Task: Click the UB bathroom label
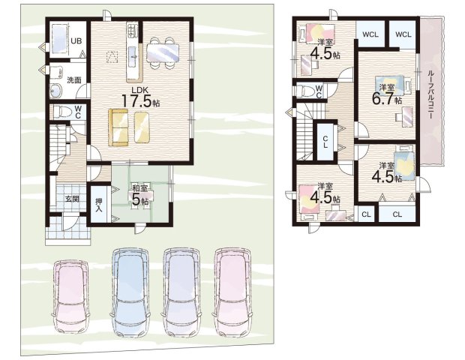coord(76,40)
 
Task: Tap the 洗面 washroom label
coord(73,79)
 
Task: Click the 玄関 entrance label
coord(72,199)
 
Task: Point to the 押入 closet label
coord(98,205)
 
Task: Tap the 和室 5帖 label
coord(140,195)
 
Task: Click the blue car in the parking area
coord(130,292)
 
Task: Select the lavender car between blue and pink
coord(181,292)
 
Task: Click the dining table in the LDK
coord(163,52)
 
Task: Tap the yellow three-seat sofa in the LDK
coord(118,127)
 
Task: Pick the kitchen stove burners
coord(132,31)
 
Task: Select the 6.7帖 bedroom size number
coord(387,99)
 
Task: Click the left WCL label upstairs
coord(370,34)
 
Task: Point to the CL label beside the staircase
coord(325,142)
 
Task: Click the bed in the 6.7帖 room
coord(389,85)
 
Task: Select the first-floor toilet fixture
coord(62,112)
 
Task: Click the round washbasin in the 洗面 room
coord(55,90)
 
